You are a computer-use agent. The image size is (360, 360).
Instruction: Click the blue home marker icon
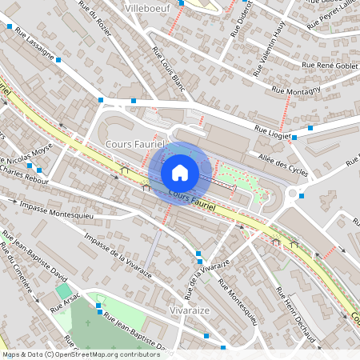(180, 172)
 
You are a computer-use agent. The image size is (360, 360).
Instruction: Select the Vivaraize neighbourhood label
(190, 309)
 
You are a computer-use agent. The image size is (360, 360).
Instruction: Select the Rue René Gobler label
(329, 66)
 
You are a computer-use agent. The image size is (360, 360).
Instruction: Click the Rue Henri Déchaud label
(295, 309)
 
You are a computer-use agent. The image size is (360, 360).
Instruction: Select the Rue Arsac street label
(66, 301)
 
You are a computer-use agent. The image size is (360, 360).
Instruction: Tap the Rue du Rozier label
(94, 13)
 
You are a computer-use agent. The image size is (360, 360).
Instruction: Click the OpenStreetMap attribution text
(81, 354)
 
